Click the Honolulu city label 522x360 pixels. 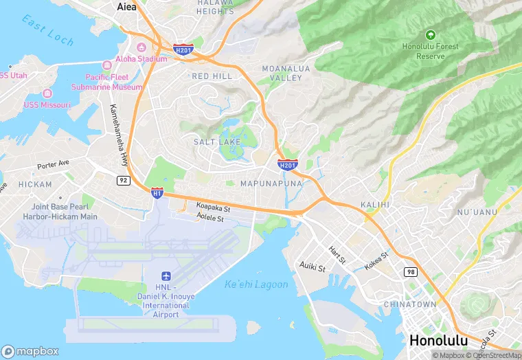[x=438, y=341]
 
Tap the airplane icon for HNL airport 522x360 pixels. [x=166, y=275]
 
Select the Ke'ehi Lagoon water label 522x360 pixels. [x=256, y=284]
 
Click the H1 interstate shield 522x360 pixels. [x=157, y=194]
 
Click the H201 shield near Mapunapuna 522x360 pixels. [x=287, y=164]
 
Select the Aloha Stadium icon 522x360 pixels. [x=141, y=47]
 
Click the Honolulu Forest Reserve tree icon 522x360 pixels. [x=430, y=34]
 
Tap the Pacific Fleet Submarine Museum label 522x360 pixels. [x=113, y=82]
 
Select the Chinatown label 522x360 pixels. [x=410, y=304]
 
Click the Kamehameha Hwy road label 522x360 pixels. [x=118, y=135]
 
